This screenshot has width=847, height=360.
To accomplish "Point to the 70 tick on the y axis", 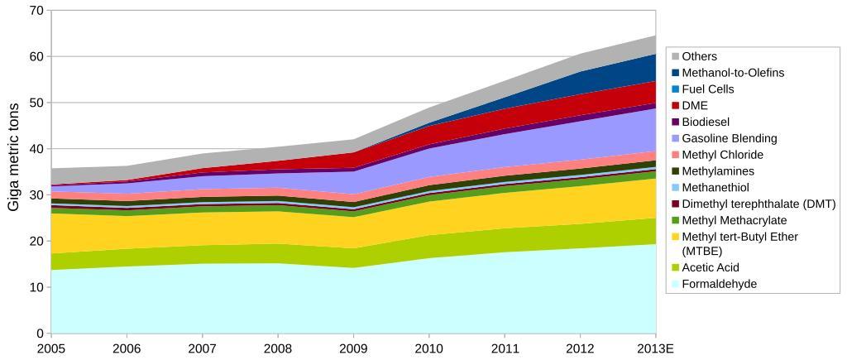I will click(36, 11).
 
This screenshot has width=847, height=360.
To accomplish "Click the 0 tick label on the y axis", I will click(39, 334).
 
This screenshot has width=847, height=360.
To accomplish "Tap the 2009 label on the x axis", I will click(353, 348).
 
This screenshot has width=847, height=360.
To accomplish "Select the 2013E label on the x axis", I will click(657, 348).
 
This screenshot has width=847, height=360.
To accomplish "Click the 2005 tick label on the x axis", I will click(51, 348).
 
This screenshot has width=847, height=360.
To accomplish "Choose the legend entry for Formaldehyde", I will click(719, 284).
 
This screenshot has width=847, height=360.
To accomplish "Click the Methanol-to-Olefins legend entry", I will click(733, 73).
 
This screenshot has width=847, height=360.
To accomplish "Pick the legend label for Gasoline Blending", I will click(729, 138).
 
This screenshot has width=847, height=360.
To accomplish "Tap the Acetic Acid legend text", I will click(711, 267).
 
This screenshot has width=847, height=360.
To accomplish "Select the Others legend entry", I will click(699, 56).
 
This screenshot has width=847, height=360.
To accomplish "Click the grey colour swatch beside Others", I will click(675, 56).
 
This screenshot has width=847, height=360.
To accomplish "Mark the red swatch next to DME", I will click(675, 106).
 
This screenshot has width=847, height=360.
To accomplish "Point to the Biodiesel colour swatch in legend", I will click(675, 122).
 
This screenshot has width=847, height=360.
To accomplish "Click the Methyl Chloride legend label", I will click(722, 155).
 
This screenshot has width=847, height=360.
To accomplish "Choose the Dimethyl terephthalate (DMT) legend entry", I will click(758, 204).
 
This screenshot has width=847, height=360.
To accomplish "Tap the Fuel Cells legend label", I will click(707, 89).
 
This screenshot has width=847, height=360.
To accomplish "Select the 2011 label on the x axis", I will click(505, 348).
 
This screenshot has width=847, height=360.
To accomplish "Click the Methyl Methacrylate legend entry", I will click(734, 220).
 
